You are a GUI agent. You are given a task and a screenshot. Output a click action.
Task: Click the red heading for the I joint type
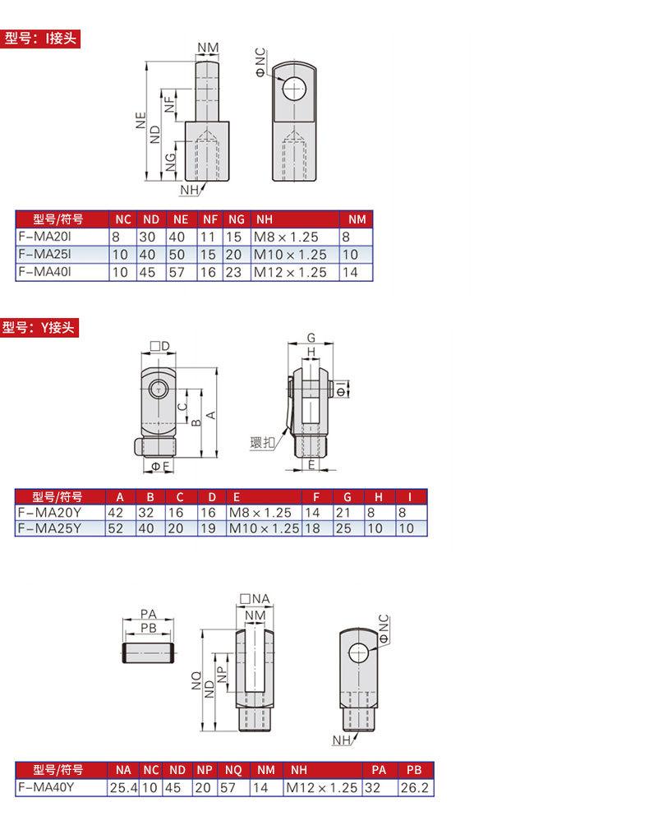tap(40, 39)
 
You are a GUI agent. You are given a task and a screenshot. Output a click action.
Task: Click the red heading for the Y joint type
tap(39, 328)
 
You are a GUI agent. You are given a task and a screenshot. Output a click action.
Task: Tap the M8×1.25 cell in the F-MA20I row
tap(286, 237)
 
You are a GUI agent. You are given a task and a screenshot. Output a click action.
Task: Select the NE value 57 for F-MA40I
tap(177, 272)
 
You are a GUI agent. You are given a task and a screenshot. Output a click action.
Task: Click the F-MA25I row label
tap(44, 254)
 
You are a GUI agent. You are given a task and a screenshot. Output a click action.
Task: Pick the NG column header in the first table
tap(236, 219)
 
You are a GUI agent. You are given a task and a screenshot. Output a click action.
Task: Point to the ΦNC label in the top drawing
tap(261, 62)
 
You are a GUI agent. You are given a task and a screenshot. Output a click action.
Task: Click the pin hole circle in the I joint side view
tap(295, 89)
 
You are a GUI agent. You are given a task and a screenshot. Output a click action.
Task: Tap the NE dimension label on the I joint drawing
tap(140, 121)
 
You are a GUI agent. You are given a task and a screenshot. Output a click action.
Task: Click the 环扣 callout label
tap(262, 442)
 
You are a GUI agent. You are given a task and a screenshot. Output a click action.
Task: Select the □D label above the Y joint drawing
tap(160, 346)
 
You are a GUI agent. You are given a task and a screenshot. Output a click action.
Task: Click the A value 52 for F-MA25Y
tap(115, 528)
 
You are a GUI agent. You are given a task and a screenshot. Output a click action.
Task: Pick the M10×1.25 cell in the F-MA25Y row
tap(264, 528)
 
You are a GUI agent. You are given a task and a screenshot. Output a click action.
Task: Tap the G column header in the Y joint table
tap(348, 497)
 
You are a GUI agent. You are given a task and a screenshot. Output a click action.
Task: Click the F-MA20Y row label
tap(49, 513)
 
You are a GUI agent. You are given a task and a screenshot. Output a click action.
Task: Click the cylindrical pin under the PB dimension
tap(149, 653)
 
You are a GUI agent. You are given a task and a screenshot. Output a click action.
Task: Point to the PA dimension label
tap(149, 614)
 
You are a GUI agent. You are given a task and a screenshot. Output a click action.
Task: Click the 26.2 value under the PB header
tap(414, 788)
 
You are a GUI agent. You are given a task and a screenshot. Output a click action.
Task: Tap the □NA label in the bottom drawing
tap(255, 599)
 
